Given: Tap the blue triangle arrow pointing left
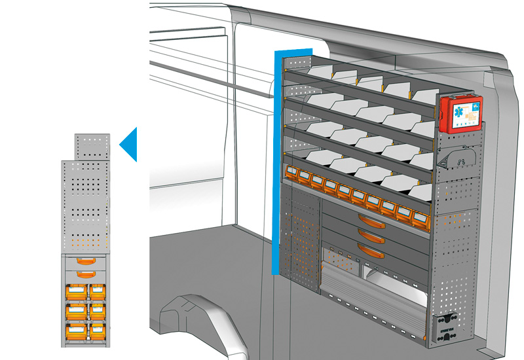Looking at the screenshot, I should click(x=129, y=144).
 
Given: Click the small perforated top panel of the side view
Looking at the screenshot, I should click(x=91, y=146).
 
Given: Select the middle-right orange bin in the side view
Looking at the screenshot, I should click(x=98, y=310).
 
